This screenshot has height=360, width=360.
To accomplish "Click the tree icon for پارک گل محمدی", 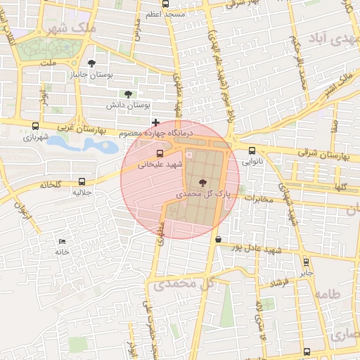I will pos(203,183).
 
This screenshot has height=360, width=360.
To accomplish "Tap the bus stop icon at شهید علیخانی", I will pos(160,153).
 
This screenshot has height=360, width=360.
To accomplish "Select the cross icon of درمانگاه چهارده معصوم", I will pos(155,123).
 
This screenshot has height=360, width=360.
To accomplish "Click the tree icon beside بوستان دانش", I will pos(128,94).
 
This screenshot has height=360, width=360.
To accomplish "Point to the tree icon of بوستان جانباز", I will pos(91,63).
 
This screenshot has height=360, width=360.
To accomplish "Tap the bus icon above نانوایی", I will pos(252,150).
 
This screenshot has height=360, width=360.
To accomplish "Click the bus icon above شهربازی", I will pos(35,127).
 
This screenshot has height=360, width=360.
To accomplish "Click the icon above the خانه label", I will pos(63,241).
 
